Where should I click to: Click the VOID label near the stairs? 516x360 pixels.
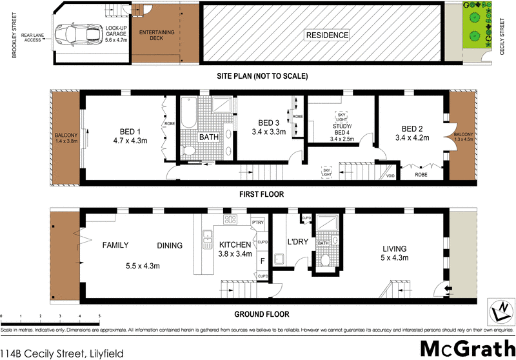390,175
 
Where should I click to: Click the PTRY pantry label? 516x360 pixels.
259,223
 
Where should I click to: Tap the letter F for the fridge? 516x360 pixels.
261,261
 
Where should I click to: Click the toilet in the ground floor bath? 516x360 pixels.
326,260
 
